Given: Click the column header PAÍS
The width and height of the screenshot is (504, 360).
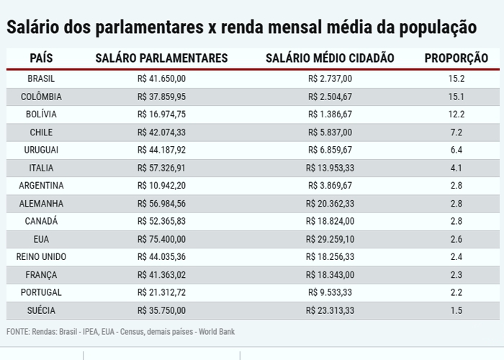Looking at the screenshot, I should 40,58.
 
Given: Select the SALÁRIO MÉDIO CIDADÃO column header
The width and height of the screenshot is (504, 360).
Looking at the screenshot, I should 330,58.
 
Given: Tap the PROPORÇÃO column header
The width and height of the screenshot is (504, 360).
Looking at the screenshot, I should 456,58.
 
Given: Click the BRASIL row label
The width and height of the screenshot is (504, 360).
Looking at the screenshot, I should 41,78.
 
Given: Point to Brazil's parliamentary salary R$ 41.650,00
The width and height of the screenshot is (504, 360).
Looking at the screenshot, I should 161,78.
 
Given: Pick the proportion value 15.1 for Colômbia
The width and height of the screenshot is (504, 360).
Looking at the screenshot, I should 456,96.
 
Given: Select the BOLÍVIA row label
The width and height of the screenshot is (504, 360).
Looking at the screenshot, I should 41,114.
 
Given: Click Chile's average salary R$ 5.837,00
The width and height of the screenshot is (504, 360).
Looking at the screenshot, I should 330,132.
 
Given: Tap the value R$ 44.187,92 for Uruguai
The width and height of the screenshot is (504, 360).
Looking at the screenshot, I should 161,150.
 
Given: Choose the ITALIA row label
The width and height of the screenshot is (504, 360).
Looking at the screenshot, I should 41,168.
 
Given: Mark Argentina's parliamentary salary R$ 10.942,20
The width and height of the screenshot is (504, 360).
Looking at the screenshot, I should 161,186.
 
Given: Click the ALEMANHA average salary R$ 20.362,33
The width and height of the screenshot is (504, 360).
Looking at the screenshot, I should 330,204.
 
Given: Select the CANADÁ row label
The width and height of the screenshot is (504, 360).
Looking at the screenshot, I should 41,221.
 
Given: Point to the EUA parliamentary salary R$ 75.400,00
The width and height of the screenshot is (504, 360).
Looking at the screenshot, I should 161,239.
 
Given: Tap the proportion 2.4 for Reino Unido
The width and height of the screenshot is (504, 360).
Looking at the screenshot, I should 456,257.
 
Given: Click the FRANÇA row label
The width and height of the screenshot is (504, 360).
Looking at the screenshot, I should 41,274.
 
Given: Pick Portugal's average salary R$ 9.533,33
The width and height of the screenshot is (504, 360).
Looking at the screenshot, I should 330,292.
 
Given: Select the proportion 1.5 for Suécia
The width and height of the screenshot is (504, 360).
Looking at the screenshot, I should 456,310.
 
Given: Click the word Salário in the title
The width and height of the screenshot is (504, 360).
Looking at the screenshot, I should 35,28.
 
